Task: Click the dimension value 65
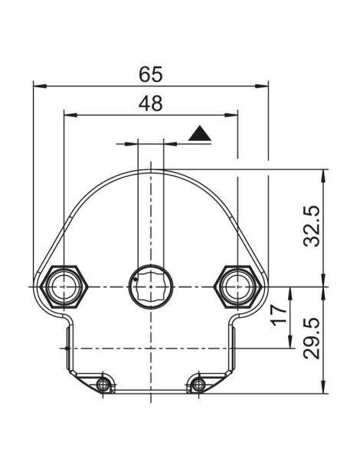click(151, 74)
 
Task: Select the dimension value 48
click(151, 103)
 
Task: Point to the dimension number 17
click(279, 314)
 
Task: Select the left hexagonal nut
click(64, 286)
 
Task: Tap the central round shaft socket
click(151, 286)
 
